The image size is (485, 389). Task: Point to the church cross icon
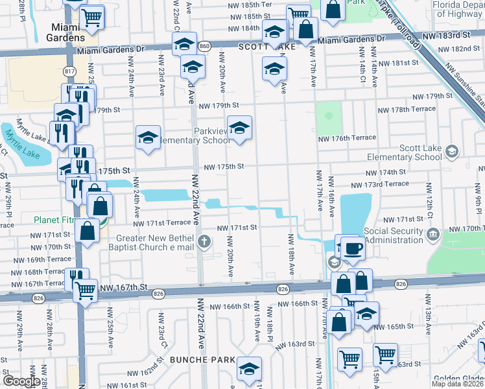pyautogui.click(x=205, y=242)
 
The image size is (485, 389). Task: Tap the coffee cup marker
pyautogui.click(x=353, y=248)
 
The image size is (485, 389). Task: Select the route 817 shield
pyautogui.click(x=70, y=71)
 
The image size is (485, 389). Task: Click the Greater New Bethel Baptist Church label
pyautogui.click(x=154, y=242)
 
